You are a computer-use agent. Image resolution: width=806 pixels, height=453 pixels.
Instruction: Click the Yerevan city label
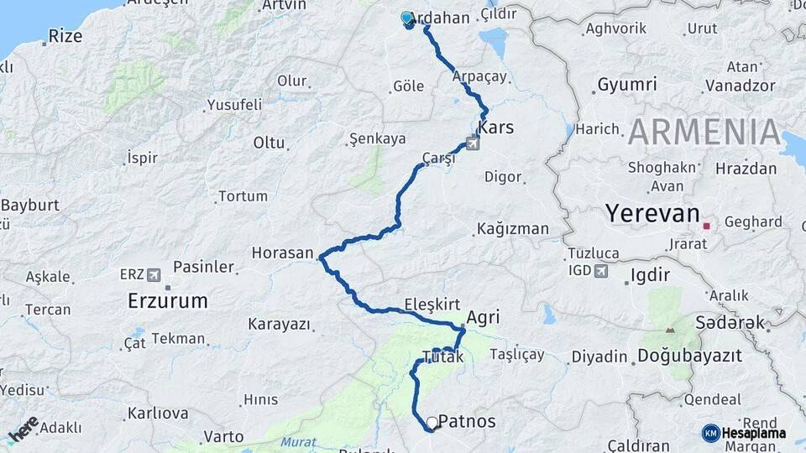652,214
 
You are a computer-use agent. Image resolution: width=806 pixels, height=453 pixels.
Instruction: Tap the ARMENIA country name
705,133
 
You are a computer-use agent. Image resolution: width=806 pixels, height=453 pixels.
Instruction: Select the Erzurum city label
167,300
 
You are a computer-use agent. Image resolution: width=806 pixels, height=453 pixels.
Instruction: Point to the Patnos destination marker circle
432,423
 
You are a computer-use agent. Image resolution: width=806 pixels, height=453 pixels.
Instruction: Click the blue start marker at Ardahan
407,18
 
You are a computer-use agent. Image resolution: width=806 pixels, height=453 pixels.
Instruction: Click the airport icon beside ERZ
153,274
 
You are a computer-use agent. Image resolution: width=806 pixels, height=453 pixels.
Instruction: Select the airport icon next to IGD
601,270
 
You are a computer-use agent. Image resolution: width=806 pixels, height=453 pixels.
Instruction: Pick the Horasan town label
282,253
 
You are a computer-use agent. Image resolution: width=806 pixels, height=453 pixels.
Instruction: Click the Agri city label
483,317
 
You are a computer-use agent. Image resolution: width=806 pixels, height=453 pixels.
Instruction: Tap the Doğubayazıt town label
689,356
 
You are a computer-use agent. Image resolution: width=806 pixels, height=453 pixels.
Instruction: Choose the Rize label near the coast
65,36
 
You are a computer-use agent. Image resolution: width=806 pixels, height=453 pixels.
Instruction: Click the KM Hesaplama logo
744,433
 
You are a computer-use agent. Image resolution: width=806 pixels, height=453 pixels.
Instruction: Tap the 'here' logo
24,428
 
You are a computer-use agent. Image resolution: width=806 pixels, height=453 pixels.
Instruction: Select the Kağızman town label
512,228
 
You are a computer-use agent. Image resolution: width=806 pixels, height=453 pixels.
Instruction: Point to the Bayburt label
29,205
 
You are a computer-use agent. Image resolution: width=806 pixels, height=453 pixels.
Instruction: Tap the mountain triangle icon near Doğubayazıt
669,330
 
